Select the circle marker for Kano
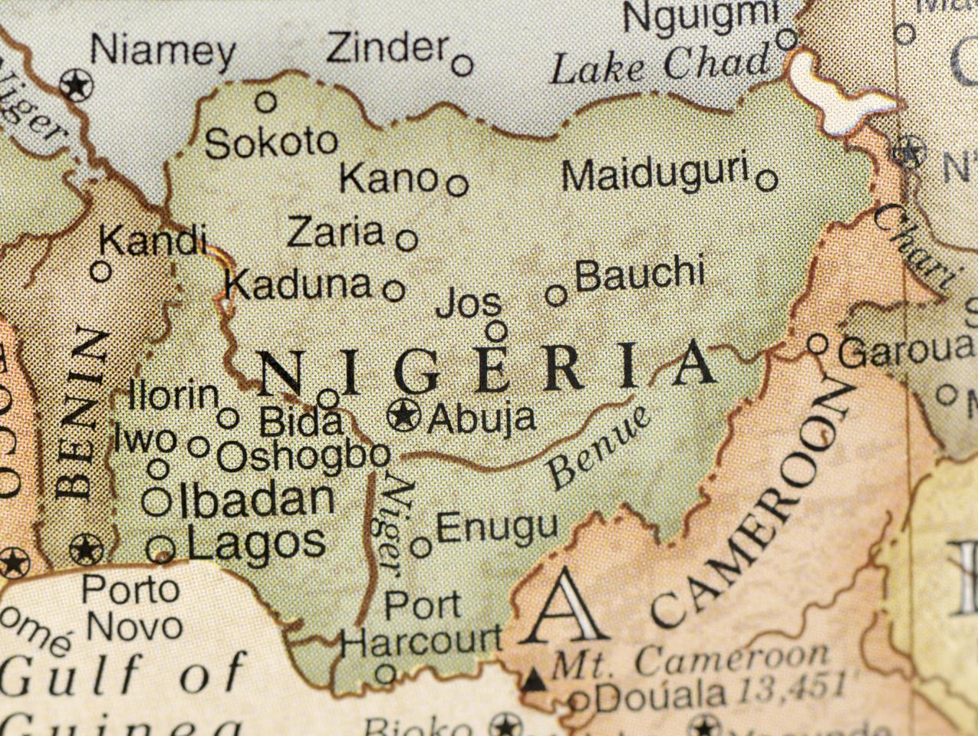tap(457, 185)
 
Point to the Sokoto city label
tap(272, 143)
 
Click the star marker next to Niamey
tap(76, 84)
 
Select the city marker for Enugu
tap(420, 547)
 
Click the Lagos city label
tap(256, 543)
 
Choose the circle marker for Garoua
tap(818, 343)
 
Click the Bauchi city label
tap(639, 274)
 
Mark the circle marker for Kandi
tap(101, 271)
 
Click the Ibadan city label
tap(256, 500)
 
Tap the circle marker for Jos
tap(496, 331)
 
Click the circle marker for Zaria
tap(407, 240)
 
